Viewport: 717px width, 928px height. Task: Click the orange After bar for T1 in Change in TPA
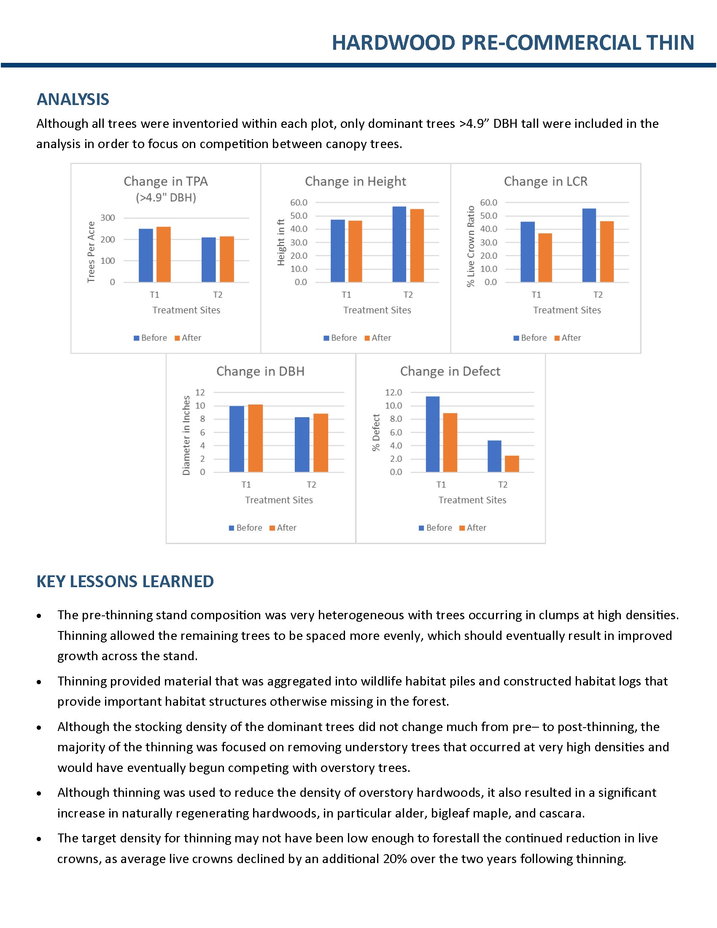[164, 254]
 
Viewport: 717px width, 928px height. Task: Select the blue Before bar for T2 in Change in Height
[399, 244]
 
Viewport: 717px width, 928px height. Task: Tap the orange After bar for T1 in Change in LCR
[545, 258]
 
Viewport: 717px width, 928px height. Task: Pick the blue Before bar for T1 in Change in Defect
[433, 434]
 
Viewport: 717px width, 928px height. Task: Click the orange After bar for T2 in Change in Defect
[512, 464]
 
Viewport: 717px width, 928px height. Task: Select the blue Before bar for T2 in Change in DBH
[302, 445]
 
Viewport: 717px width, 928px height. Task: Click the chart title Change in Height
[356, 181]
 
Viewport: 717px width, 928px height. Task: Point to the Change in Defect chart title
[450, 371]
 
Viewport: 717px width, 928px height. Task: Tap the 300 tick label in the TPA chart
[108, 218]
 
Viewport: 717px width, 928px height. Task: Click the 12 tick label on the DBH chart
[200, 393]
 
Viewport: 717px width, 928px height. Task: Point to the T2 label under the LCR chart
[598, 295]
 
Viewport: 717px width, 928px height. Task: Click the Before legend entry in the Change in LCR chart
[530, 338]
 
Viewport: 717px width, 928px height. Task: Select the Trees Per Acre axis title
[91, 251]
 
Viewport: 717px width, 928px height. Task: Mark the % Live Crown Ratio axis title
[471, 246]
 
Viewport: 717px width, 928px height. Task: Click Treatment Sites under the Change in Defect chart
[472, 500]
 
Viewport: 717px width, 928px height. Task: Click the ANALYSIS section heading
[73, 100]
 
